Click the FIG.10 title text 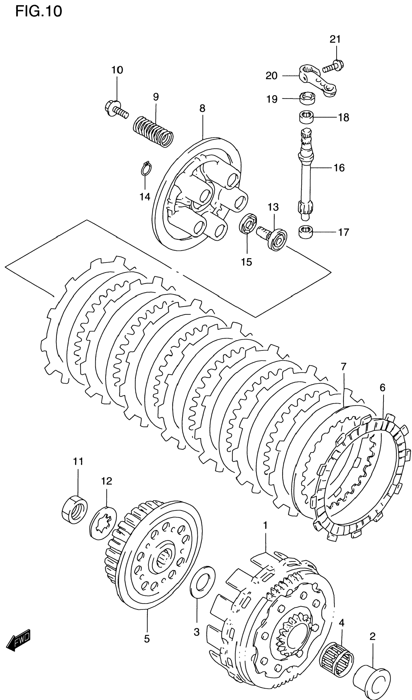(x=38, y=12)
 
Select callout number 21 (x=335, y=40)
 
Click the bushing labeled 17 (x=306, y=232)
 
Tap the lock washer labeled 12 (x=103, y=522)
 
